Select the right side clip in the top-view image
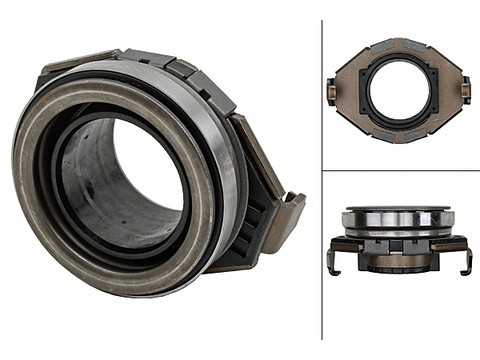[x=465, y=91]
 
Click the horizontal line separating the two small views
[x=400, y=170]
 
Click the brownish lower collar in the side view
[x=398, y=262]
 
